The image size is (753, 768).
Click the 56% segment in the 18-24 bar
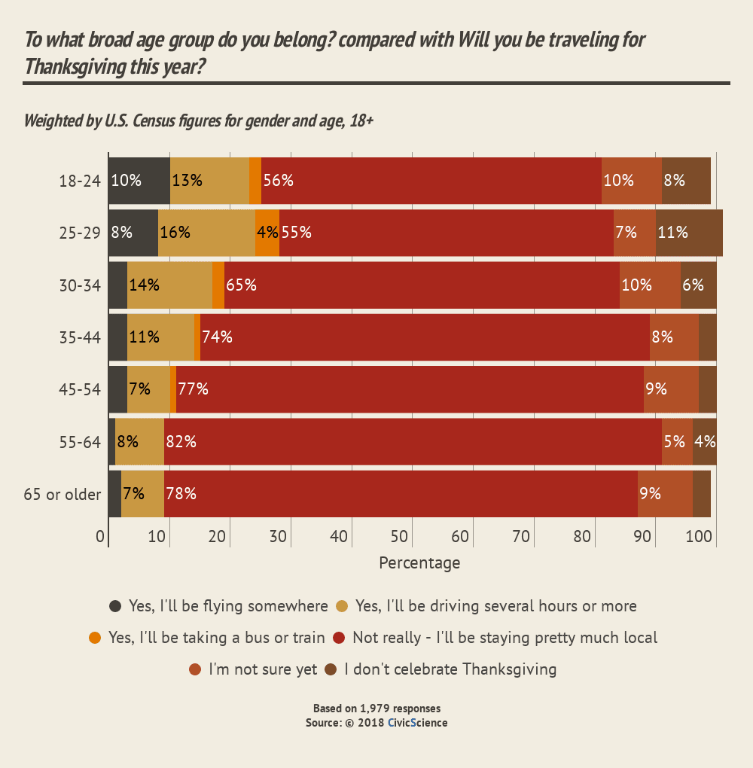click(x=431, y=181)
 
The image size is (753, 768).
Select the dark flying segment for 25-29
click(x=133, y=233)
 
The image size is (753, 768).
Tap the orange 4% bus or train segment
click(x=267, y=233)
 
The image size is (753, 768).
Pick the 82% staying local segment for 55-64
click(x=413, y=442)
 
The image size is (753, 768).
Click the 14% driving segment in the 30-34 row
click(x=169, y=285)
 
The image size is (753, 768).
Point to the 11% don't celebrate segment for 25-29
click(x=689, y=233)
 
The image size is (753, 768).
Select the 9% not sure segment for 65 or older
click(x=665, y=494)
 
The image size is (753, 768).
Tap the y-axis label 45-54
click(x=79, y=390)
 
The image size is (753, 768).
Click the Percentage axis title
click(x=419, y=562)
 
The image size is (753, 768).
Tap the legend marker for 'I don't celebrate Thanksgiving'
click(x=330, y=669)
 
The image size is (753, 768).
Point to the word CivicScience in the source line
click(x=417, y=723)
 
